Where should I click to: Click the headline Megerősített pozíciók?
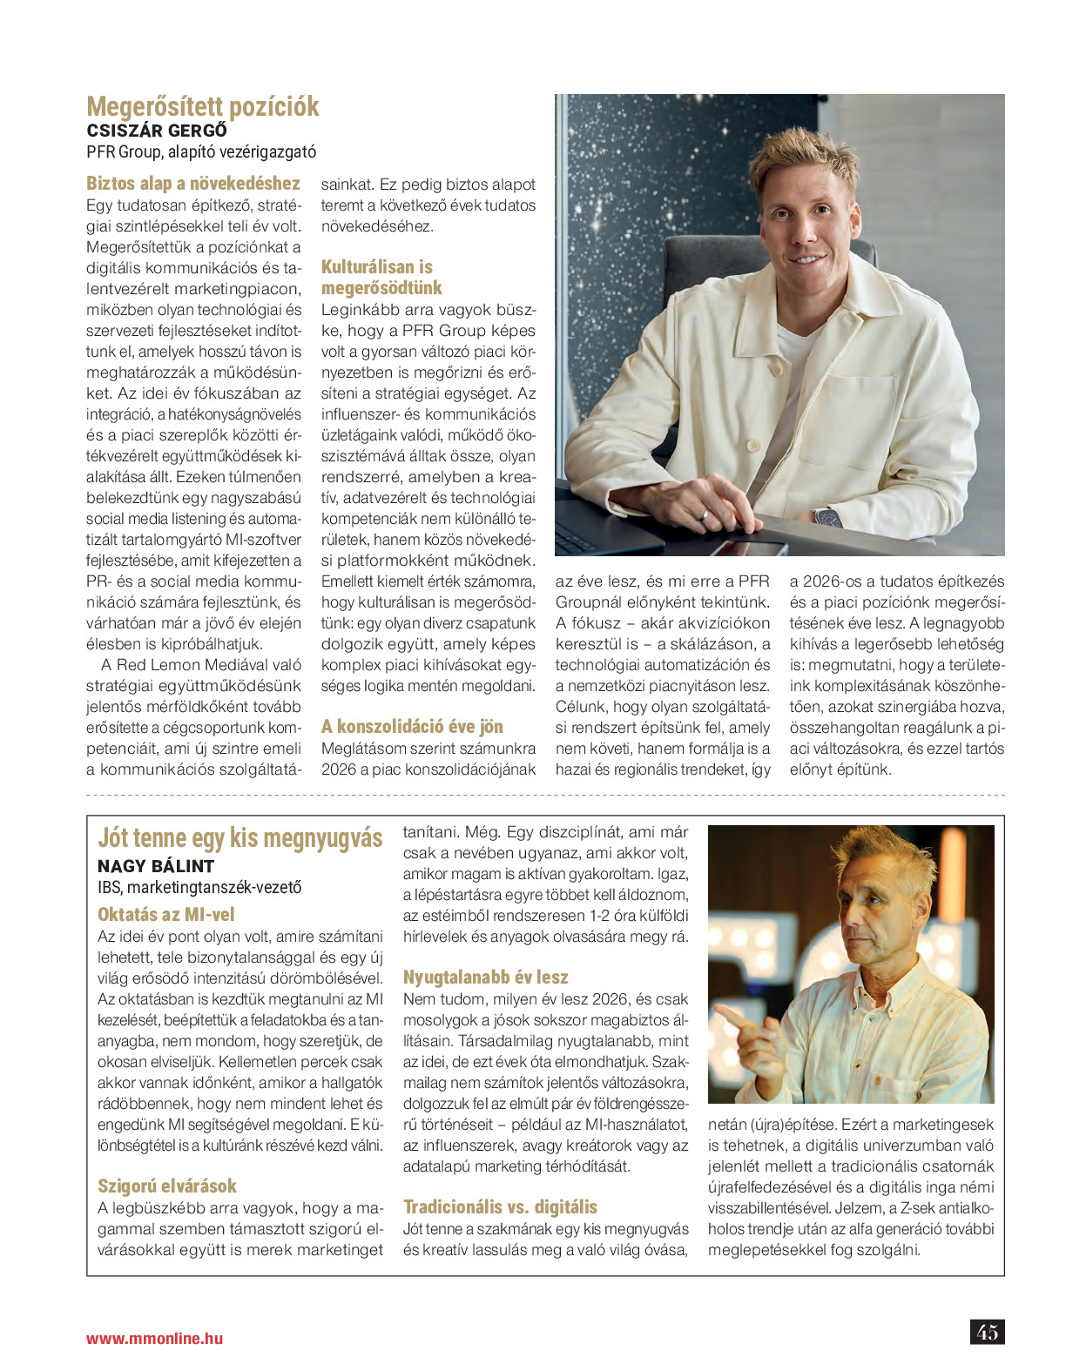tap(202, 107)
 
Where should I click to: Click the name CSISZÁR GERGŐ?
tap(157, 131)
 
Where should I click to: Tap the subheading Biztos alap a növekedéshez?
tap(192, 183)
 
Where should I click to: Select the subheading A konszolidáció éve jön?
tap(412, 726)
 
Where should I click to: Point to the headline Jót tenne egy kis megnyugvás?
tap(240, 837)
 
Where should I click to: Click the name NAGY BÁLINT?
tap(156, 866)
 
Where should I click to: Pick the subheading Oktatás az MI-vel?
tap(166, 914)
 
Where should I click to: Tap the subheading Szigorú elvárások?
tap(167, 1186)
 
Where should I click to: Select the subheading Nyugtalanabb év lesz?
tap(485, 977)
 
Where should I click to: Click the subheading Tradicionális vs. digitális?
tap(500, 1206)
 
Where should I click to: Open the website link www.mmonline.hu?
tap(154, 1339)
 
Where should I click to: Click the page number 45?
tap(987, 1332)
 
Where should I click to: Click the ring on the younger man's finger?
tap(705, 514)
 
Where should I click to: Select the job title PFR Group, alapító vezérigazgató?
tap(201, 151)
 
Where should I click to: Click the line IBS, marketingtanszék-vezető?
tap(199, 887)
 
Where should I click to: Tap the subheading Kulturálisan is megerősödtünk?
tap(381, 277)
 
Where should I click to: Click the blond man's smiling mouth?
tap(806, 259)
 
